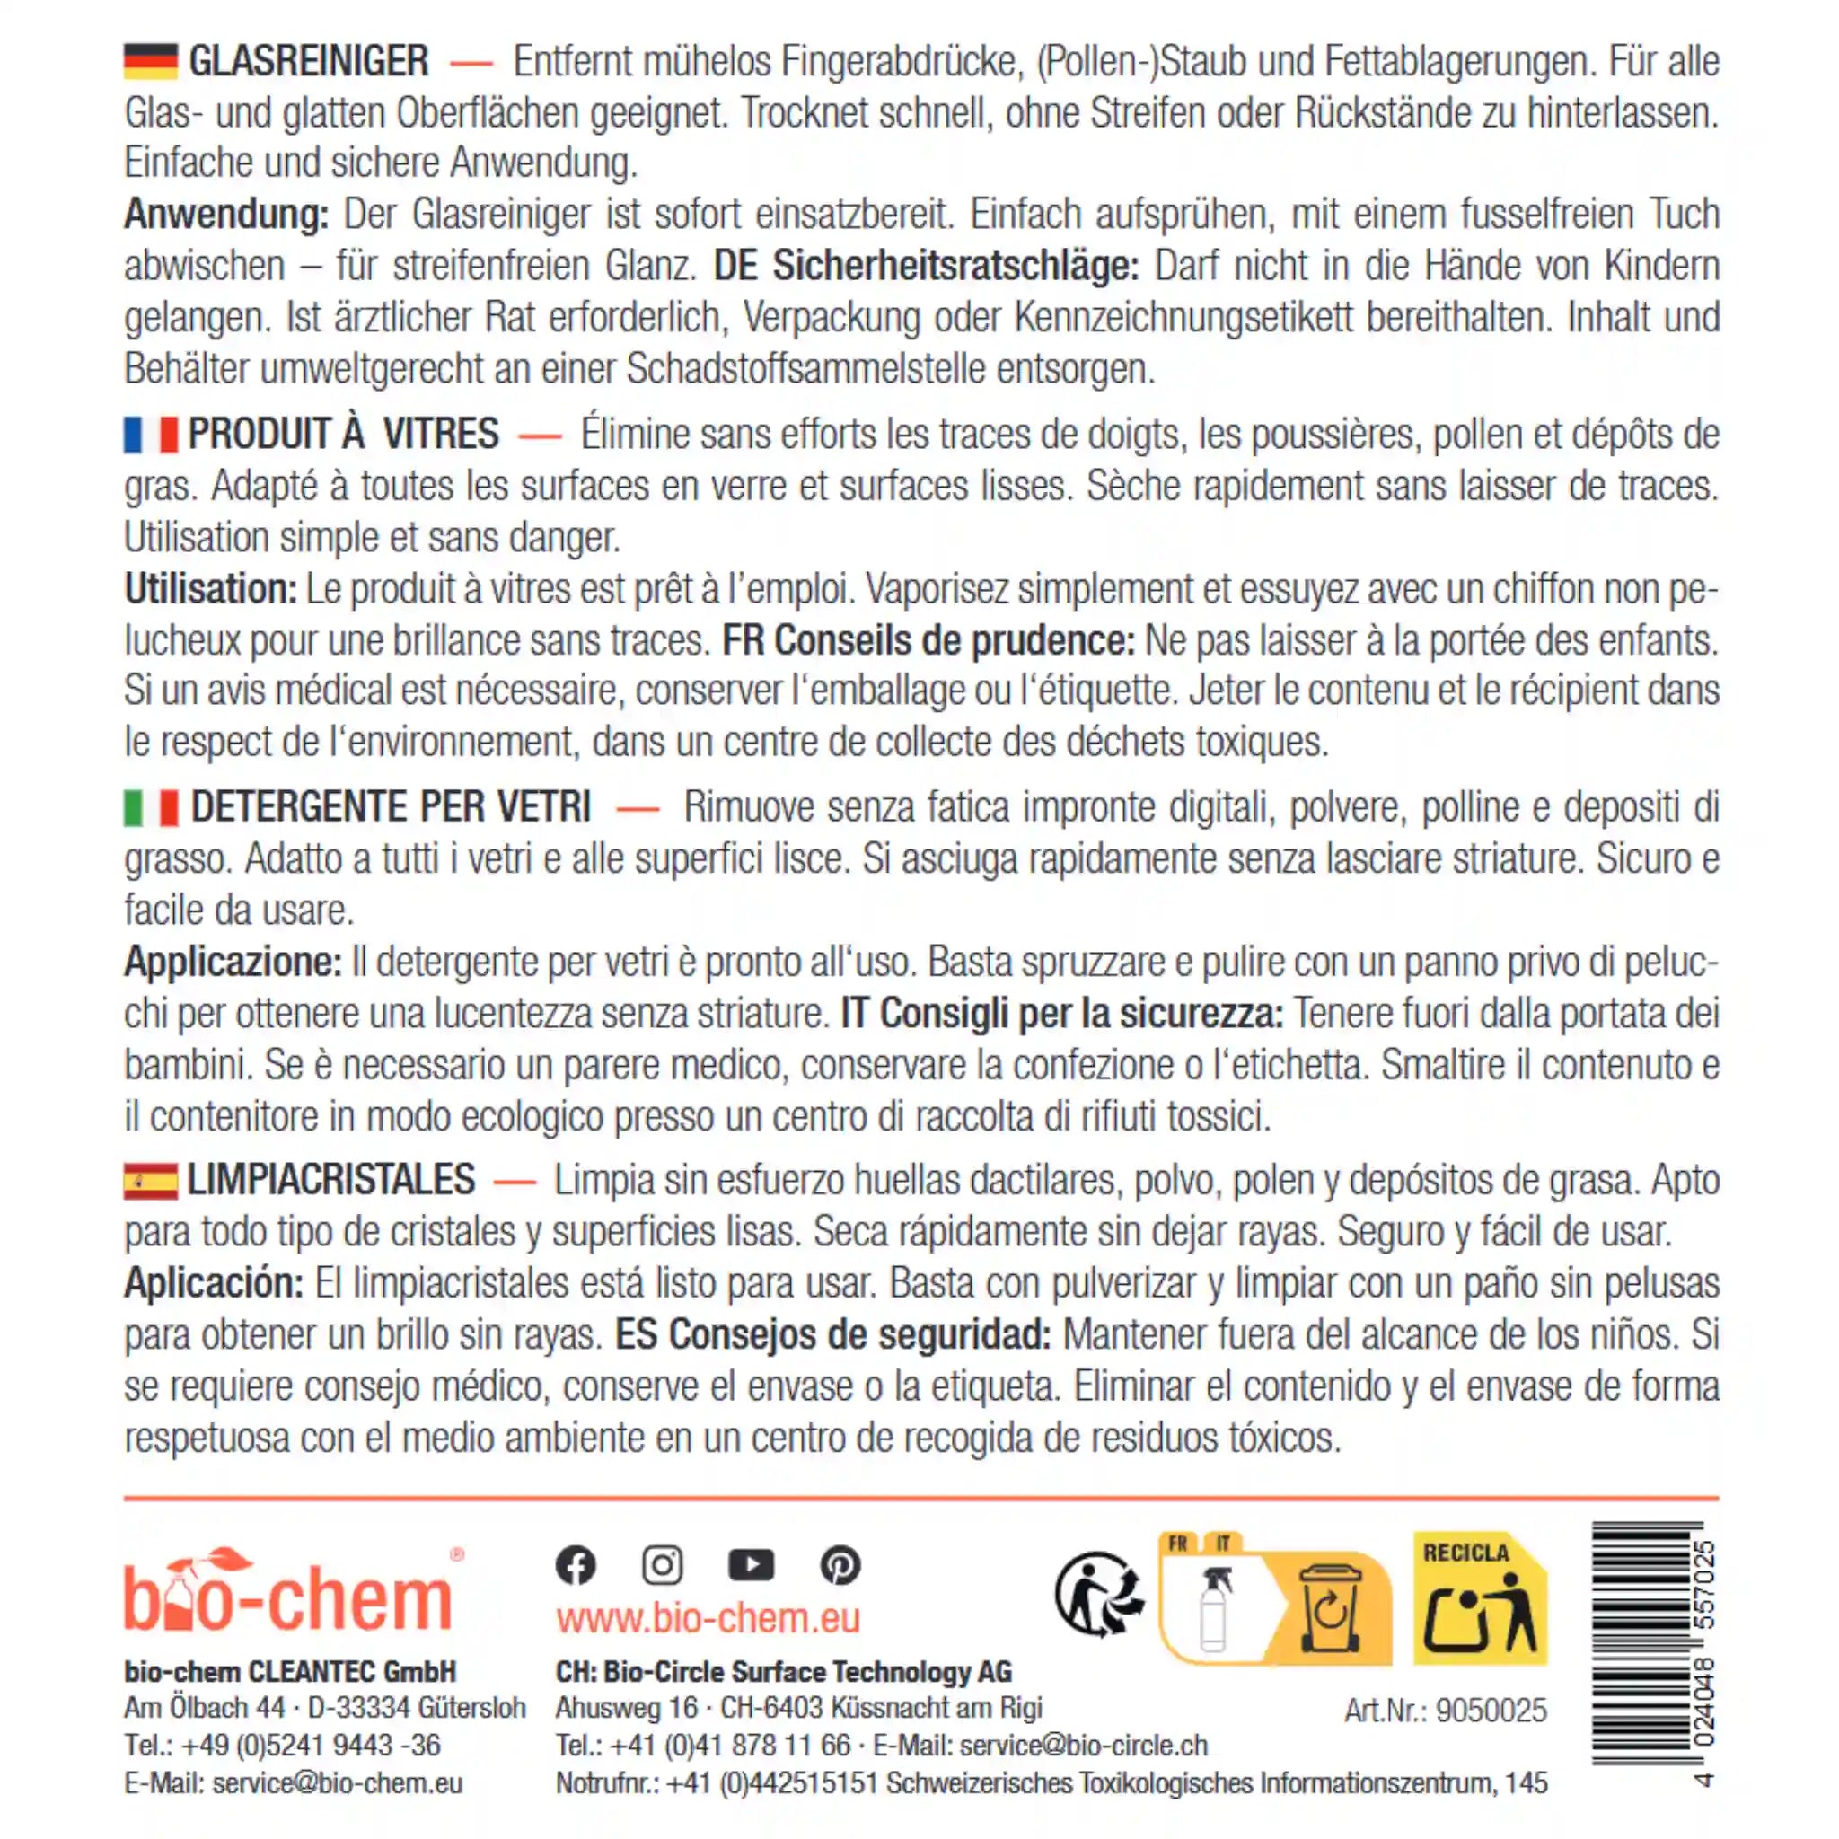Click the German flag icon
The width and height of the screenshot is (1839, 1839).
[150, 61]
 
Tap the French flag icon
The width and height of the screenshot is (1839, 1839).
[150, 434]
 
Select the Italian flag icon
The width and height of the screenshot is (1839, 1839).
[150, 807]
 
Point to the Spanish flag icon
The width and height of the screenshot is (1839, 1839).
[150, 1182]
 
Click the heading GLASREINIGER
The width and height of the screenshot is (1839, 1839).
[308, 61]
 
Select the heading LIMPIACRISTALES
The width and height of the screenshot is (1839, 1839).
[330, 1180]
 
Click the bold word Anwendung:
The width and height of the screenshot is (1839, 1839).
[225, 215]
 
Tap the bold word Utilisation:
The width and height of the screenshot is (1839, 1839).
[210, 589]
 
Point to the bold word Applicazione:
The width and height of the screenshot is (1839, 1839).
[233, 963]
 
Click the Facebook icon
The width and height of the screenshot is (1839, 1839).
[576, 1565]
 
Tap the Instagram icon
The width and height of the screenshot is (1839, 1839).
[663, 1565]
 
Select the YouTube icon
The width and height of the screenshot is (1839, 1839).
[751, 1565]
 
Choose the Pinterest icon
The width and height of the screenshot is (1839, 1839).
[840, 1565]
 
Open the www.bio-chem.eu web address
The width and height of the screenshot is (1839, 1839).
[708, 1618]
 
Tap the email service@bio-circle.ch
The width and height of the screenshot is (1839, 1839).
[1083, 1746]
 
